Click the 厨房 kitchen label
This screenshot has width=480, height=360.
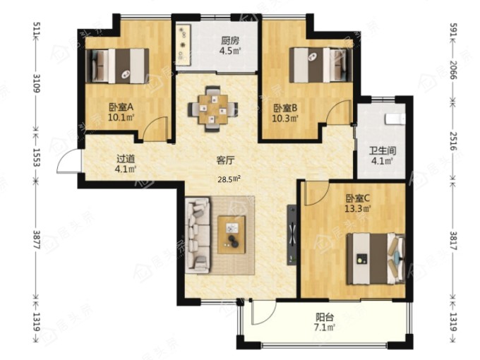[x=230, y=40]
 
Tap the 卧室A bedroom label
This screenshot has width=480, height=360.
[x=121, y=107]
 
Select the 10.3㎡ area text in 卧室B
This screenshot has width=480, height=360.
[x=285, y=118]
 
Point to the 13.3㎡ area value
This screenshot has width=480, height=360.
[x=358, y=209]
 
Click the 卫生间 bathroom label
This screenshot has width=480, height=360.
[x=383, y=150]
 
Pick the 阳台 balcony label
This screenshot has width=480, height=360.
[x=325, y=317]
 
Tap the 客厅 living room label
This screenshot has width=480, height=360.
[x=226, y=160]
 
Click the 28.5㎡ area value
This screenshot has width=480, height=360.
[x=229, y=179]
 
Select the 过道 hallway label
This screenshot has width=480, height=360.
[x=126, y=159]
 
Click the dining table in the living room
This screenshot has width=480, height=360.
[x=212, y=109]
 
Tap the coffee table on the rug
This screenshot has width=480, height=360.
[x=232, y=235]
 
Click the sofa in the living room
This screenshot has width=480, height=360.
[x=198, y=235]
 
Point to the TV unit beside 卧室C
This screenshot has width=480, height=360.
[x=292, y=235]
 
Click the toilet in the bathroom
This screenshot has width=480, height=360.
[x=395, y=119]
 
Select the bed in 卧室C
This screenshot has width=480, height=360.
[x=376, y=259]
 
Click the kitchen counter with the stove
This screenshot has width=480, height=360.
[x=184, y=44]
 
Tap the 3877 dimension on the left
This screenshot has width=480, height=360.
[x=37, y=239]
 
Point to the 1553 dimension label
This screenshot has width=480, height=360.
[x=37, y=157]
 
